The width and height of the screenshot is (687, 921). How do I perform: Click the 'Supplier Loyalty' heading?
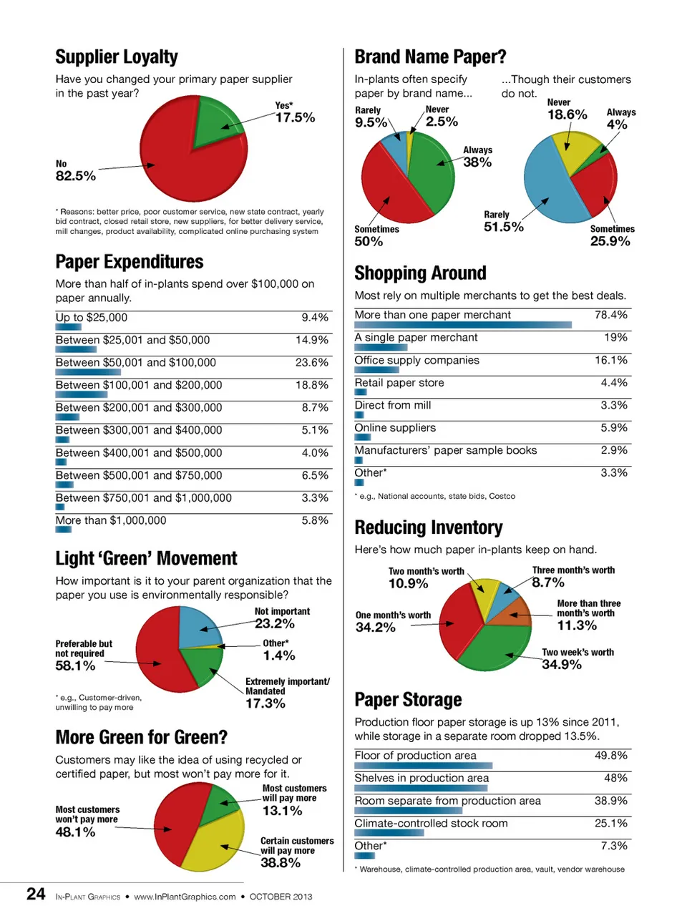117,57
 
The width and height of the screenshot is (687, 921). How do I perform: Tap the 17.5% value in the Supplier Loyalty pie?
295,117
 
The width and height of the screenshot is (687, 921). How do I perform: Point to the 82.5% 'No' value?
75,176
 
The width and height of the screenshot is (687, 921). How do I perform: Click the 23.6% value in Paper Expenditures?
311,363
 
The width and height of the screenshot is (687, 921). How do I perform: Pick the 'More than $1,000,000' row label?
111,521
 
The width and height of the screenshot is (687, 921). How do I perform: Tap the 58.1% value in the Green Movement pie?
75,666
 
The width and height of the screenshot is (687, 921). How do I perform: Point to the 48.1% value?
75,832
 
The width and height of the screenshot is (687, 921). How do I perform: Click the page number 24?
36,895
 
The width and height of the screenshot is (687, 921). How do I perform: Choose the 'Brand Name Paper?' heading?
430,57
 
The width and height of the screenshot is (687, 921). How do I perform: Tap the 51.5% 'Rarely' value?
504,227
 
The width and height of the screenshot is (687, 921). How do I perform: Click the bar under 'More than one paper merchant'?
462,325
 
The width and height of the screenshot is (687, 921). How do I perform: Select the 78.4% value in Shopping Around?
610,315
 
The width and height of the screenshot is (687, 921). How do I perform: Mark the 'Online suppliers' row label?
395,428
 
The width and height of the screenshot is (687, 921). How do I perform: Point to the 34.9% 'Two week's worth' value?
562,665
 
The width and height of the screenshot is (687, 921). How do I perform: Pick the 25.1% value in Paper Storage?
610,824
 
